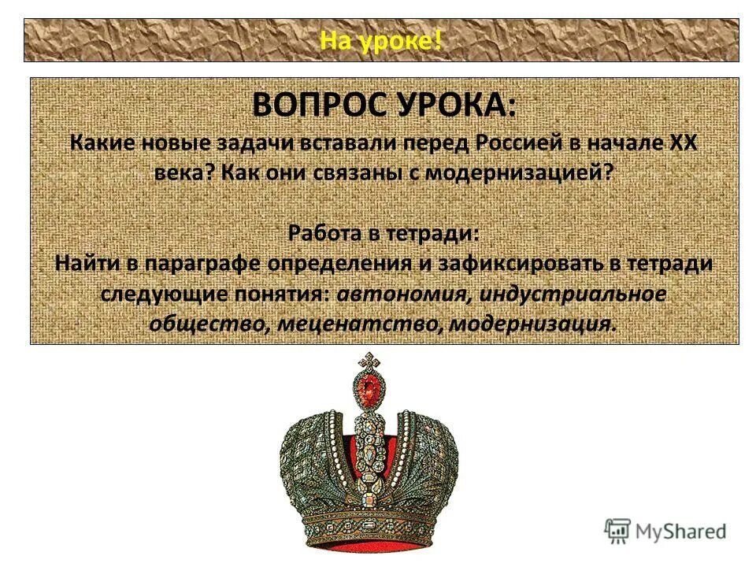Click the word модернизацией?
click(x=519, y=173)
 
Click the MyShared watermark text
click(x=681, y=532)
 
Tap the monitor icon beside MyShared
click(x=618, y=531)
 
